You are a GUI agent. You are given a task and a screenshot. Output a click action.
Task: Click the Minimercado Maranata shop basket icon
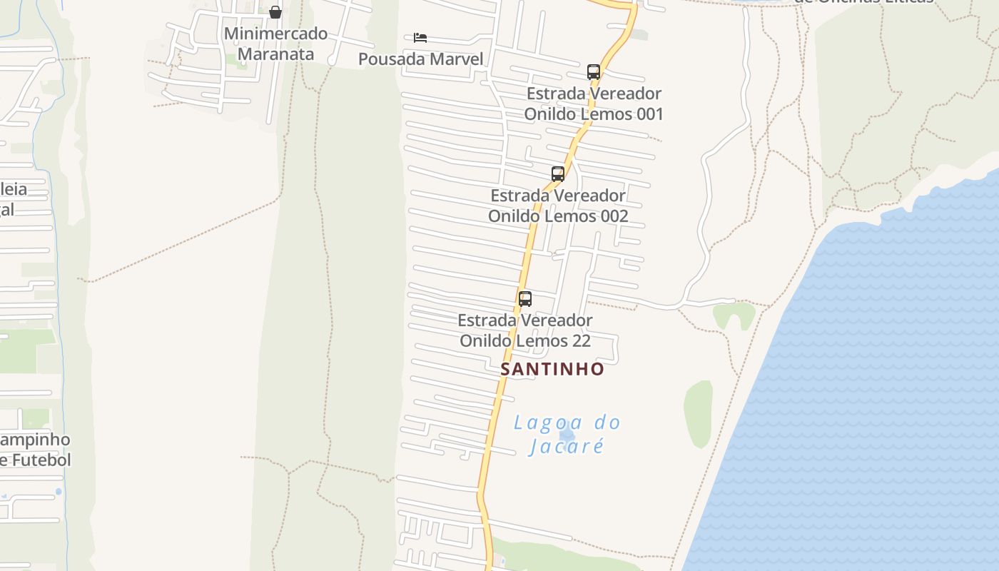(x=275, y=12)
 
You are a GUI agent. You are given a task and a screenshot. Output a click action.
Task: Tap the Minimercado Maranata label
(x=275, y=44)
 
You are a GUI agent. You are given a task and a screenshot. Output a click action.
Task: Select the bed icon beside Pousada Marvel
(x=420, y=37)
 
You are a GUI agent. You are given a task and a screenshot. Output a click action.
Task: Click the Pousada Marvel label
(x=420, y=59)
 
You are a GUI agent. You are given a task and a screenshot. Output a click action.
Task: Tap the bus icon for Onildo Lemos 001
(x=594, y=71)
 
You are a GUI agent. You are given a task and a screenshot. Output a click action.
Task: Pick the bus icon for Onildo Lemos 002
(x=558, y=173)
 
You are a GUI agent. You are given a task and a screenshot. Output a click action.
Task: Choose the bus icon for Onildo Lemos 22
(x=525, y=298)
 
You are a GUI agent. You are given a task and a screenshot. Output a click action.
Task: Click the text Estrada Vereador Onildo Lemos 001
(x=594, y=103)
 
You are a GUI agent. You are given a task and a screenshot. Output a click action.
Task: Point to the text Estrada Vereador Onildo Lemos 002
(x=558, y=206)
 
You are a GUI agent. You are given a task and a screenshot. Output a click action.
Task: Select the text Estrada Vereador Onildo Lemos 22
(x=525, y=330)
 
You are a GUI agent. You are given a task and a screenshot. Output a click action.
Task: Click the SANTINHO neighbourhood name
(x=552, y=369)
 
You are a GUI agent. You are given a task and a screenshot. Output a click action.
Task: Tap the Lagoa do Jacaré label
(x=567, y=434)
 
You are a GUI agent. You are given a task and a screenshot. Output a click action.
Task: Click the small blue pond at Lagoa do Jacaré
(x=567, y=435)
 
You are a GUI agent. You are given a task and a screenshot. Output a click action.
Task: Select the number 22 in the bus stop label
(x=581, y=341)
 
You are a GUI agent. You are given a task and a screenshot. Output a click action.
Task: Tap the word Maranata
(x=275, y=54)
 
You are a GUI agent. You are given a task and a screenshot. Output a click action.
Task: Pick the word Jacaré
(x=567, y=447)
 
